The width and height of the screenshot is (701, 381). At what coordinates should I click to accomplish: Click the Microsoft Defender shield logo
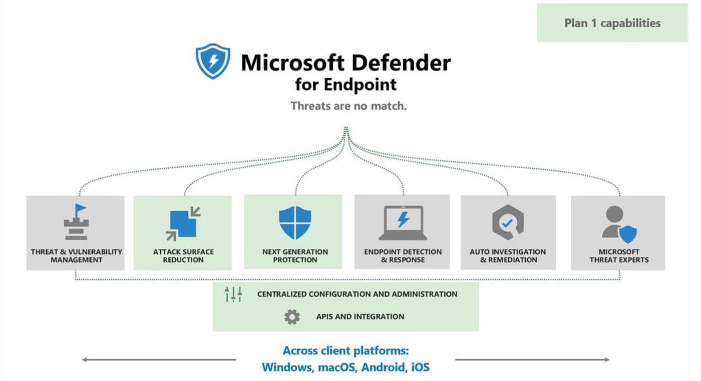(213, 61)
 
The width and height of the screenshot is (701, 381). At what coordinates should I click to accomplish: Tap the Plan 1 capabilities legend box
(612, 23)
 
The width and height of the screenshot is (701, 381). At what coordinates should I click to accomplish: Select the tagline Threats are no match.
(348, 106)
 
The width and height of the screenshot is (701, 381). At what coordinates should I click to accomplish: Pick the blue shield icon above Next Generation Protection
(295, 222)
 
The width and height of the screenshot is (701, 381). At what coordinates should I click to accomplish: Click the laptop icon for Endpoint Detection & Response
(403, 223)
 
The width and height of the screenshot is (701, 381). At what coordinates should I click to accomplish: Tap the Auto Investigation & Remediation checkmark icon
(508, 223)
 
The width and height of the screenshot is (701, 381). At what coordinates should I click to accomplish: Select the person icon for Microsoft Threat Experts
(619, 223)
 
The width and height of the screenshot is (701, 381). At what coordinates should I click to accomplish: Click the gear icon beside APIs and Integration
(292, 316)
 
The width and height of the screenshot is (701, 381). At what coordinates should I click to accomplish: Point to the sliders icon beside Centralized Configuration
(233, 294)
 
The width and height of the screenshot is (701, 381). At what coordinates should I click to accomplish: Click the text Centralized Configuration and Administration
(357, 294)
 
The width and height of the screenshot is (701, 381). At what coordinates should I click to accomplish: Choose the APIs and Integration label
(360, 316)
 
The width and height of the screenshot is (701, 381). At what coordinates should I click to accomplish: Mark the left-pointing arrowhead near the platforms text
(85, 359)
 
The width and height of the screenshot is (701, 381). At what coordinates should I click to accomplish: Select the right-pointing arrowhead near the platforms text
(606, 359)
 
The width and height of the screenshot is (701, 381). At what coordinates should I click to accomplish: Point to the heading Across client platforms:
(345, 350)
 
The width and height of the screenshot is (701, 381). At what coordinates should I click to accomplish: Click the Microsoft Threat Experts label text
(619, 256)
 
